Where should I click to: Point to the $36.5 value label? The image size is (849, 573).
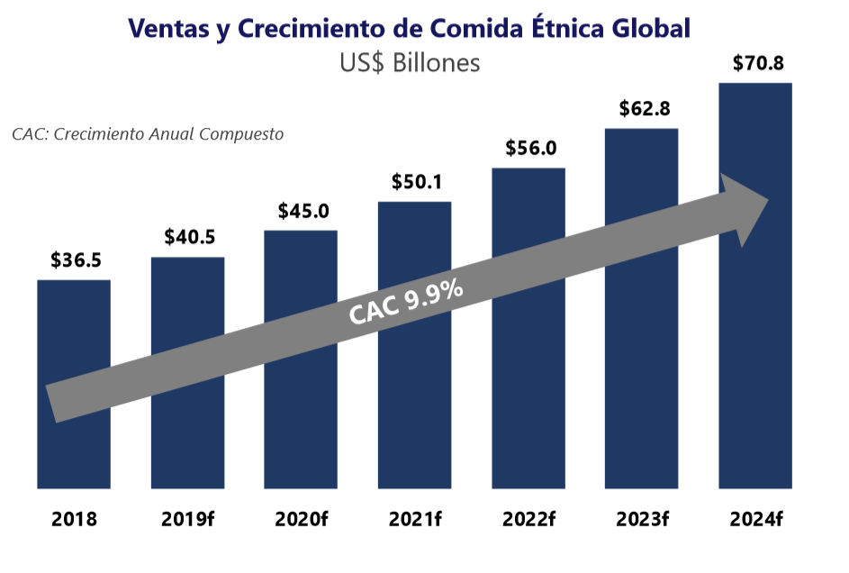click(x=76, y=261)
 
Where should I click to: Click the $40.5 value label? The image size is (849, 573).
click(x=189, y=238)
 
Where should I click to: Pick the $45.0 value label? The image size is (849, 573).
click(x=303, y=212)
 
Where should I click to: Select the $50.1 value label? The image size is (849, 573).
click(x=416, y=182)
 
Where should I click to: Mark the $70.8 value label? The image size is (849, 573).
click(x=756, y=64)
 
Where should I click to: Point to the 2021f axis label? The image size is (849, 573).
click(x=415, y=520)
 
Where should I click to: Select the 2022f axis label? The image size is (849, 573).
click(x=529, y=520)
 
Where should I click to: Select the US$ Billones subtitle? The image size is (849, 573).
click(x=410, y=64)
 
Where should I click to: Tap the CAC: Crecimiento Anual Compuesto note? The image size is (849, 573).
click(x=148, y=134)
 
